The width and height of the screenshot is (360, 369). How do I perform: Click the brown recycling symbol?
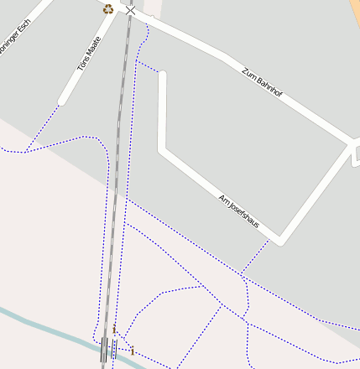click(x=108, y=9)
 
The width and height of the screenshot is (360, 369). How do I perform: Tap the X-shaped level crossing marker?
click(x=130, y=10)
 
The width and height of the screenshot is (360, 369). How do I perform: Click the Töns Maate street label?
click(x=90, y=53)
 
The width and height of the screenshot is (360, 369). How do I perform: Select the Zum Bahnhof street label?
click(x=261, y=86)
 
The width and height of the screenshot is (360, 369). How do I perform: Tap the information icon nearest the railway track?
click(x=114, y=330)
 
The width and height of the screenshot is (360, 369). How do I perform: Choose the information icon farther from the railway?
click(x=132, y=351)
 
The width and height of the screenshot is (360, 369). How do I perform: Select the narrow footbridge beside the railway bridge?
click(x=114, y=349)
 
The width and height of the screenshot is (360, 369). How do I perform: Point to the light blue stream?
click(x=42, y=326)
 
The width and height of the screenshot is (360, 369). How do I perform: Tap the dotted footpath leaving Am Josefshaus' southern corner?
click(x=255, y=257)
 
